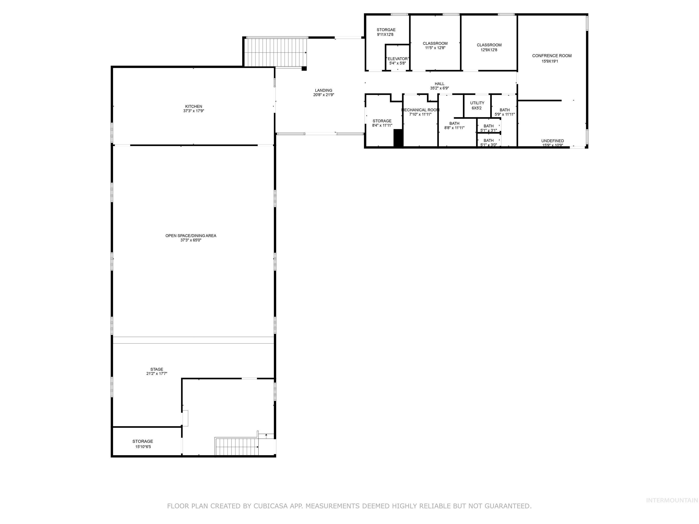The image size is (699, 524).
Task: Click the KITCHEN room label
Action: tap(193, 106)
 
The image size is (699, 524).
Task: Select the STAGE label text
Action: tap(157, 369)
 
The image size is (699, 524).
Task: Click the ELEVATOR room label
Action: tap(398, 59)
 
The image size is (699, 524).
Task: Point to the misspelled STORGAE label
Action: tap(386, 30)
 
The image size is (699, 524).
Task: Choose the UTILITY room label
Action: tap(477, 103)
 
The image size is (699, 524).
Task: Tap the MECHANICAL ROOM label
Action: tap(420, 110)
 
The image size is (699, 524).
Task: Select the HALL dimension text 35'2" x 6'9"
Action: tap(439, 88)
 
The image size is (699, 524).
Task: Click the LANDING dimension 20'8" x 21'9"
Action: tap(324, 95)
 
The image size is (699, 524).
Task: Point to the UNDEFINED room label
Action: tap(552, 141)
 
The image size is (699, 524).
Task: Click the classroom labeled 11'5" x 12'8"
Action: tap(435, 44)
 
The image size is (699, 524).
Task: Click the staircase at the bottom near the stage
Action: tap(236, 446)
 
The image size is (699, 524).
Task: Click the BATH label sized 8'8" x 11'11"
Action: tap(454, 123)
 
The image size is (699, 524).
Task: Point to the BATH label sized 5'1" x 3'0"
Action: tap(488, 141)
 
